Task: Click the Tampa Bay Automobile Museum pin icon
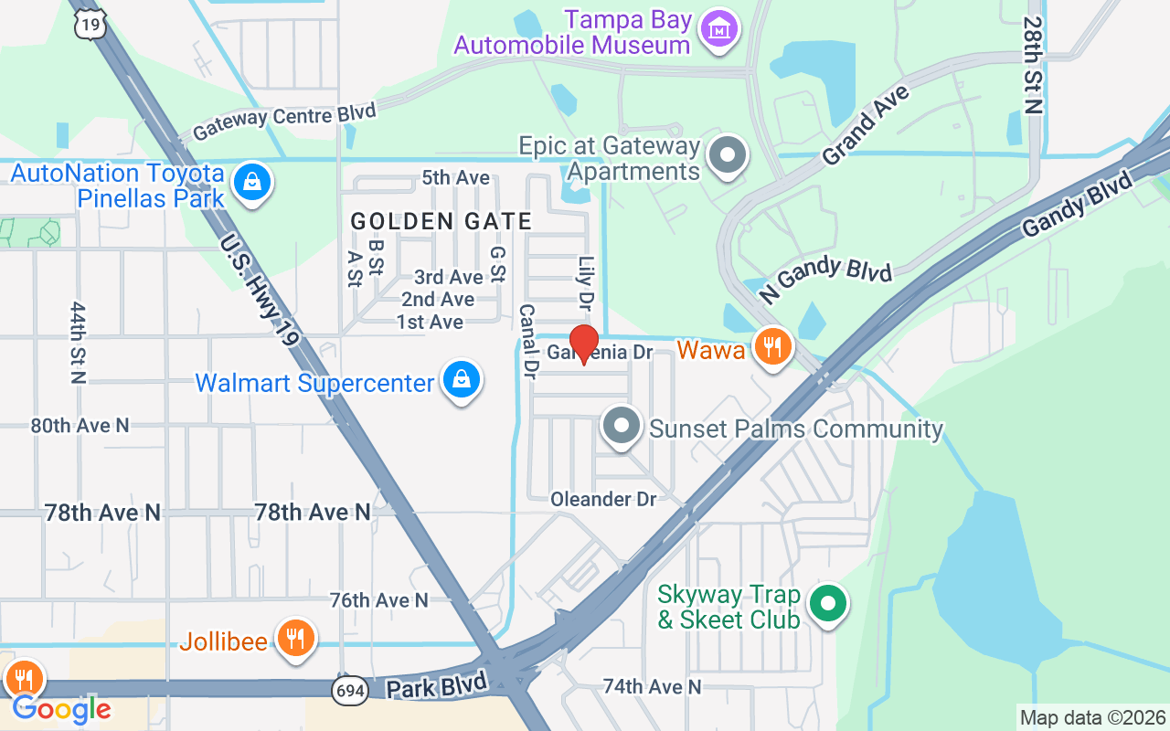720,30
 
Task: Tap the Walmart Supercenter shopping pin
462,380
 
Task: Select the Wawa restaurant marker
773,347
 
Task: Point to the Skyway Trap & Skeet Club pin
828,603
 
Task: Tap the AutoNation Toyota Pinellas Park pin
251,183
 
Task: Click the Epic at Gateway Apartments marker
728,155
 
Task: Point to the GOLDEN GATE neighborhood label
441,221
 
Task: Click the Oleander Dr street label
603,499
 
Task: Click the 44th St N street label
78,343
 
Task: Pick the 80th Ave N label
80,425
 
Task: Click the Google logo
61,708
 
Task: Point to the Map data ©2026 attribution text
1093,717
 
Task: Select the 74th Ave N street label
652,686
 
